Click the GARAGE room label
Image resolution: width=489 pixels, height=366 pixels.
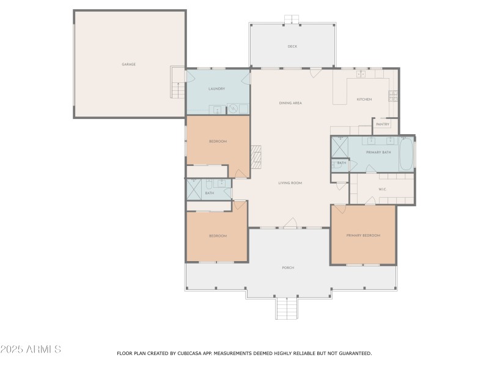coord(128,64)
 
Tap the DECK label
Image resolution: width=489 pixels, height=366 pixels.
coord(292,46)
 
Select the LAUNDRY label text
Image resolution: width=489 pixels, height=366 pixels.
coord(216,89)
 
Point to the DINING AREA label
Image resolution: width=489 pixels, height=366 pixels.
coord(290,103)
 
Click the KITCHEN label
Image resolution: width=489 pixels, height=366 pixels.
coord(364,99)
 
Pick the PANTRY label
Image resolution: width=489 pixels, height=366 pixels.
coord(383,124)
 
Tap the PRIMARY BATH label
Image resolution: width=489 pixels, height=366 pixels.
coord(378,152)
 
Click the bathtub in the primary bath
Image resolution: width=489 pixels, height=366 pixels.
coord(406,154)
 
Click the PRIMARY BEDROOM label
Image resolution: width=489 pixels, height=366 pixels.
coord(363,235)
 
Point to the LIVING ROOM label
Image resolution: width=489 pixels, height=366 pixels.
coord(290,183)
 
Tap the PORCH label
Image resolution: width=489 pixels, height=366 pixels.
coord(288,268)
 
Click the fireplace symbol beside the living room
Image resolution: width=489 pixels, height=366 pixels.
coord(257,157)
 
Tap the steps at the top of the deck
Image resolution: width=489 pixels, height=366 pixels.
coord(292,20)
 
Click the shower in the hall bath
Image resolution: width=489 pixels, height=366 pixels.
coord(194,190)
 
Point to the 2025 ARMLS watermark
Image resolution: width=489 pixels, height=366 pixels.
coord(31,350)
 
